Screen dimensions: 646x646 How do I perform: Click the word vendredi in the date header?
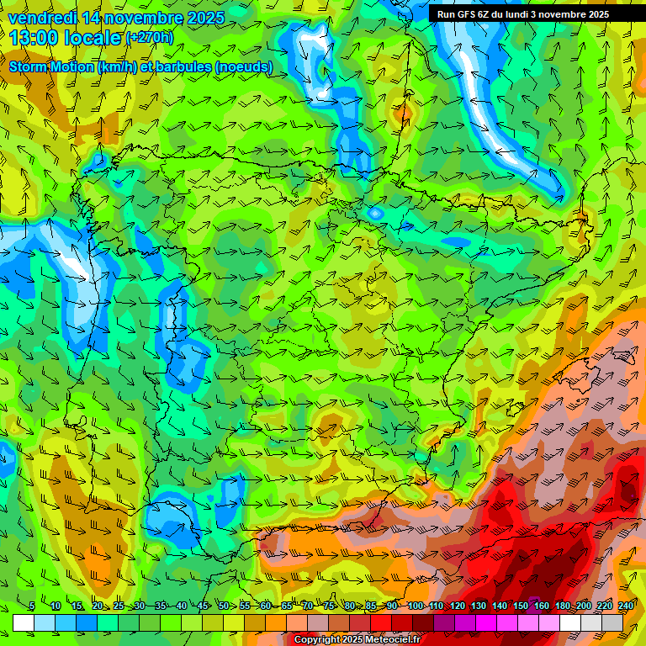[x=42, y=18]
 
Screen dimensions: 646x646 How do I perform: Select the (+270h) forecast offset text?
[x=150, y=37]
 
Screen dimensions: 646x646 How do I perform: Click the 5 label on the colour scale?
[x=32, y=606]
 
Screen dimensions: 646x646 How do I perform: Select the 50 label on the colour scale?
[x=223, y=606]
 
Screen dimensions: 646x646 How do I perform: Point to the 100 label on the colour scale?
[x=415, y=606]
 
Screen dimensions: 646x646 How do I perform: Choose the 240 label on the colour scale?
[x=626, y=606]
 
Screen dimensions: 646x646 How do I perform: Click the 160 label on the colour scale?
[x=542, y=606]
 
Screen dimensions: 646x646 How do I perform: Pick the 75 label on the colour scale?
[x=329, y=606]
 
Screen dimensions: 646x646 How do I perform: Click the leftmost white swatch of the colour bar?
[x=23, y=622]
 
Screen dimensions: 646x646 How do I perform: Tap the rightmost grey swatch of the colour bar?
[x=612, y=622]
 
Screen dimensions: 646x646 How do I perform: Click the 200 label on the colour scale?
[x=584, y=606]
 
